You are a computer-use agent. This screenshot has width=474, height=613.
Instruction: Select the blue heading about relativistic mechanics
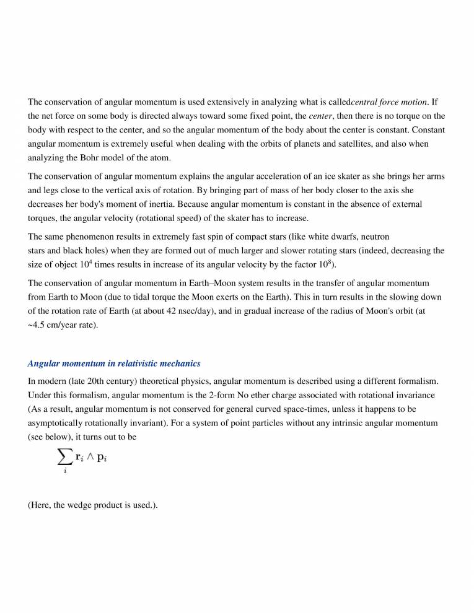[114, 363]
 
